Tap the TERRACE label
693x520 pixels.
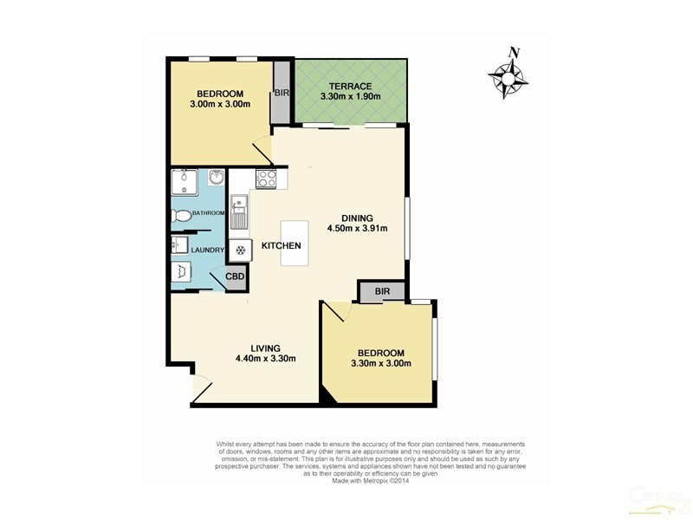coord(351,87)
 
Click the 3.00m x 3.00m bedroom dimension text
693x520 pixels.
coord(220,105)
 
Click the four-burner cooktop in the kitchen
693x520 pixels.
coord(267,180)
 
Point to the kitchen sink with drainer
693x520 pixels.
coord(239,212)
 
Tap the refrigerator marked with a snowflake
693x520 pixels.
coord(240,249)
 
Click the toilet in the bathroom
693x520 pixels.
coord(182,215)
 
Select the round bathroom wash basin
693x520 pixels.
coord(217,179)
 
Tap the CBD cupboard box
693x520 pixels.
coord(236,277)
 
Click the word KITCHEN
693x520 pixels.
coord(282,246)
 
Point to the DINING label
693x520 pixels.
coord(356,218)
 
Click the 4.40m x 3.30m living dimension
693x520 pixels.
coord(266,360)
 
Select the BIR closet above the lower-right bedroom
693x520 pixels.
coord(381,292)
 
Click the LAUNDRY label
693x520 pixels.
coord(208,251)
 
